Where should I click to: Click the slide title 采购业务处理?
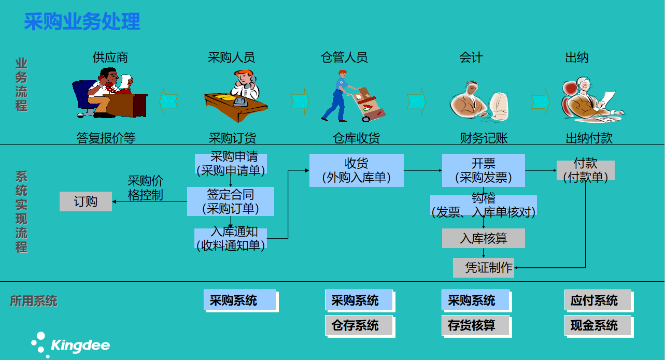tap(82, 22)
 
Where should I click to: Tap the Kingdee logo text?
tap(80, 345)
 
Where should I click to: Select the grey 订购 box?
tap(86, 201)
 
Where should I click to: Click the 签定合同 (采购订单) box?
tap(230, 201)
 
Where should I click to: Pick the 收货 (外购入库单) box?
tap(356, 170)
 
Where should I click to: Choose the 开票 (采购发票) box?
tap(483, 170)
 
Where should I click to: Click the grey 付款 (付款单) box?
tap(585, 170)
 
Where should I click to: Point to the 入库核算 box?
tap(483, 238)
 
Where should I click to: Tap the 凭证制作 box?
tap(484, 267)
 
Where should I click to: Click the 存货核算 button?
tap(471, 325)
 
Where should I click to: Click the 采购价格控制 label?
tap(146, 188)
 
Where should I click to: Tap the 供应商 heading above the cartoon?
tap(110, 57)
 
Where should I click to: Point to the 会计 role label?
tap(471, 57)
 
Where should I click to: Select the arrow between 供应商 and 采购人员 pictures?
tap(168, 101)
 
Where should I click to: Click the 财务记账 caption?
tap(484, 138)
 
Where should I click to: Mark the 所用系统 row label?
tap(34, 301)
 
